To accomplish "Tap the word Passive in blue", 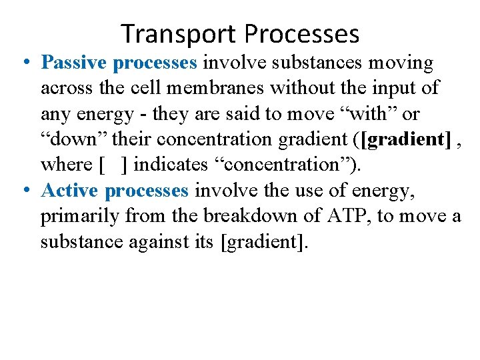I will click(74, 63).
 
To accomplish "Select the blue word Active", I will click(70, 191).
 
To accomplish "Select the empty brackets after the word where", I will click(113, 165).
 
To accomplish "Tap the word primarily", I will click(79, 216).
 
